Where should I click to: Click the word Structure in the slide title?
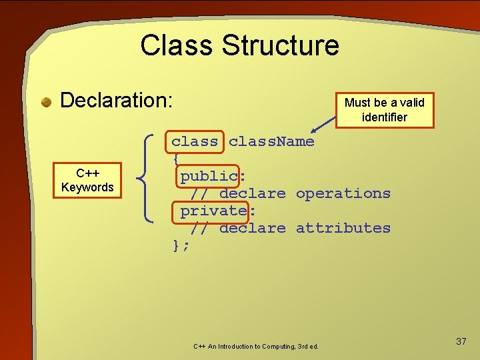pos(280,46)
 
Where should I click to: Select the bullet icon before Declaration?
pos(46,102)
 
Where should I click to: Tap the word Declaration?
pos(117,101)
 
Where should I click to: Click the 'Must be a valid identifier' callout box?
pos(384,110)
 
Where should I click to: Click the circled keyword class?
pos(195,141)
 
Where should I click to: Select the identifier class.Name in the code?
pos(271,141)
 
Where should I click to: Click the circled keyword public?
pos(209,176)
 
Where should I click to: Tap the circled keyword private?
pos(213,211)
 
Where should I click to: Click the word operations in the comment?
pos(343,193)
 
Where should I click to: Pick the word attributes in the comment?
pos(343,228)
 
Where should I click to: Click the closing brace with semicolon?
pos(181,245)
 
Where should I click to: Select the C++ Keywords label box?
pos(87,180)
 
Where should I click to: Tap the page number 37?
pos(461,341)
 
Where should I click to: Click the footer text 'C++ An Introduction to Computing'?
pos(255,347)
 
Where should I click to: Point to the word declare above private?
pos(252,193)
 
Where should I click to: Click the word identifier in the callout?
pos(384,117)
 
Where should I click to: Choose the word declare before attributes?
pos(252,228)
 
